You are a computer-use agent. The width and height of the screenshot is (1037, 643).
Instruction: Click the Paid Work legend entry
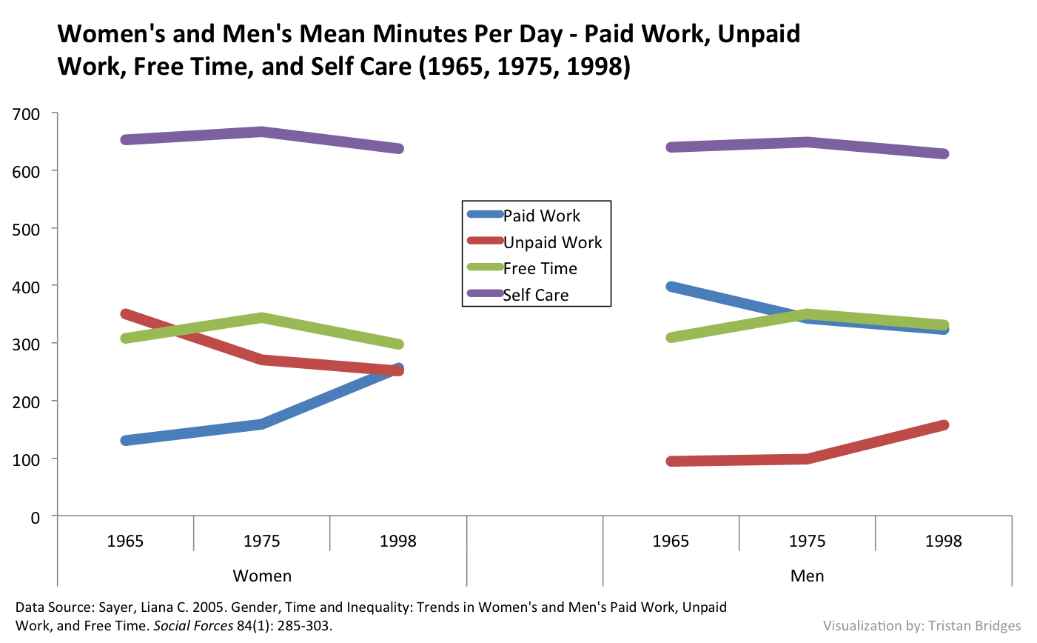tap(541, 216)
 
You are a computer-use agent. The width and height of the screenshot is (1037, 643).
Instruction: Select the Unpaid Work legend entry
tap(552, 242)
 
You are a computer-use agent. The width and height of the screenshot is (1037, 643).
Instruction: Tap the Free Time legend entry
tap(540, 268)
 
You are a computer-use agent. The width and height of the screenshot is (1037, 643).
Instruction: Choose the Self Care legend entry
tap(536, 295)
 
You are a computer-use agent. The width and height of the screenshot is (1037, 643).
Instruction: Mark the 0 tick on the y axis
tap(35, 517)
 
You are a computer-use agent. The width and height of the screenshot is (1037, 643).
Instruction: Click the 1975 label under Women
tap(262, 541)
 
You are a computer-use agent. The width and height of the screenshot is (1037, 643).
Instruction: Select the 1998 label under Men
tap(943, 541)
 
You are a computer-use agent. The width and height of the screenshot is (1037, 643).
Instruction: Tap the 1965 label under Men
tap(671, 541)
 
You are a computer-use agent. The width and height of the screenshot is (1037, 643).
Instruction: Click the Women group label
tap(262, 576)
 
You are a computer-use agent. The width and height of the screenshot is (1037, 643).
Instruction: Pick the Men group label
tap(807, 576)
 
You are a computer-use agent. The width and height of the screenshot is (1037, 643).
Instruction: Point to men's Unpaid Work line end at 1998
tap(944, 425)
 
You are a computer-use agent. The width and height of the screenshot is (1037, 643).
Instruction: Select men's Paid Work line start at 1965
tap(671, 287)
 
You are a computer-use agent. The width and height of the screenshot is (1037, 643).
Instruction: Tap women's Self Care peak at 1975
tap(262, 132)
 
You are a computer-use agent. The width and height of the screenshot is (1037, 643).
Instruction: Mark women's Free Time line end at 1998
tap(398, 344)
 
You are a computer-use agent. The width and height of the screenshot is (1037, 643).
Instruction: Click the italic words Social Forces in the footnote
tap(193, 625)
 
